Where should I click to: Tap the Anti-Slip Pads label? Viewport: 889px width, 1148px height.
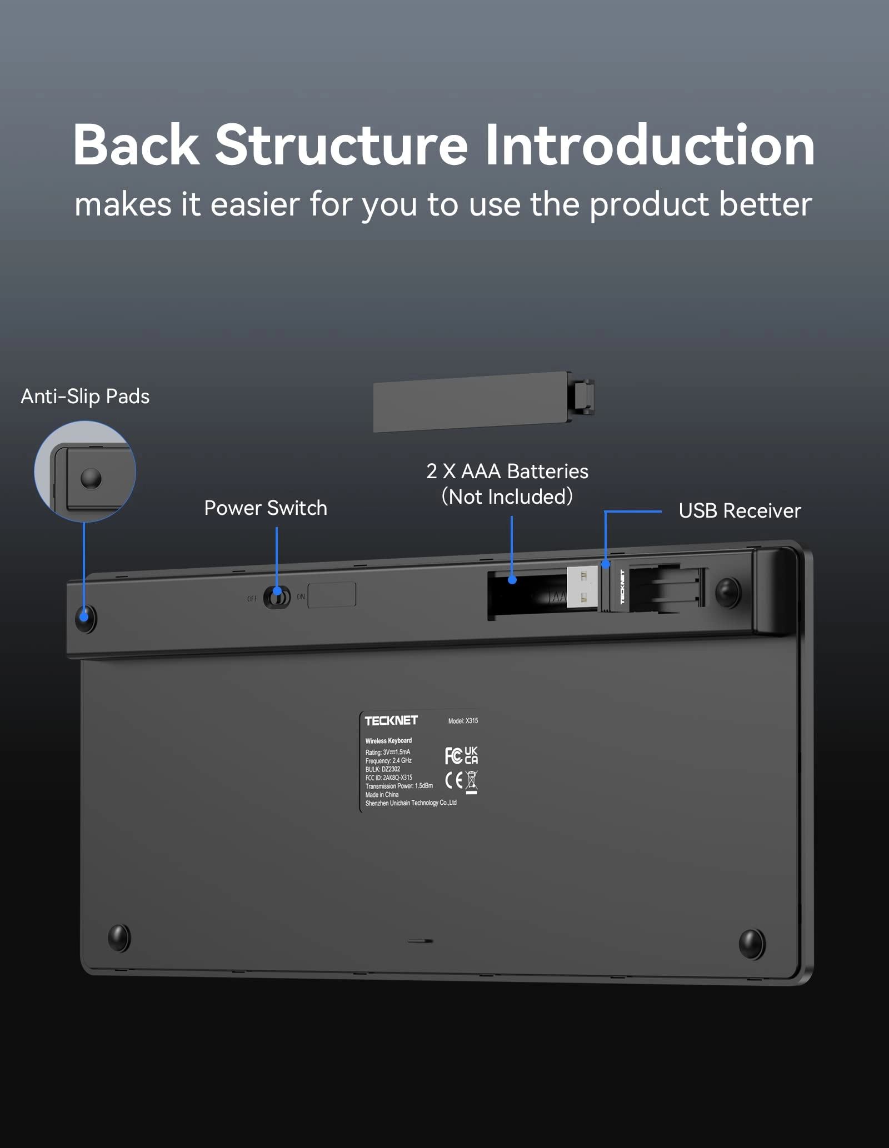point(85,397)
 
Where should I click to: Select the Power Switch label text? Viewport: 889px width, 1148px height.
point(266,508)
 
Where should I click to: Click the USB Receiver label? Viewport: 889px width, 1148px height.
point(740,511)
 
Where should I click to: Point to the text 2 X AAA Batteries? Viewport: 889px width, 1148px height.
point(507,472)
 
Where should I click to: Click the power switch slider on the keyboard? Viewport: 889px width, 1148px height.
point(277,598)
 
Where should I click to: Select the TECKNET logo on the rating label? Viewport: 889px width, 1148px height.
point(391,720)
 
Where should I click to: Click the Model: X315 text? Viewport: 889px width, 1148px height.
point(463,721)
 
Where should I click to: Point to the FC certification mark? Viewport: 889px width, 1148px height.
point(453,755)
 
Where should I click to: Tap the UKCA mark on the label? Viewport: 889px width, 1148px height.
point(471,755)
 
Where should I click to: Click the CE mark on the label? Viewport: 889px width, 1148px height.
point(454,780)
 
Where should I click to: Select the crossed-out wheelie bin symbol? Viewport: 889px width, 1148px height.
point(471,781)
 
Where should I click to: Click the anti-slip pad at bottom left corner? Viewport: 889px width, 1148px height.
point(119,938)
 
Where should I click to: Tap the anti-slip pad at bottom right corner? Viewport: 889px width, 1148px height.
point(752,944)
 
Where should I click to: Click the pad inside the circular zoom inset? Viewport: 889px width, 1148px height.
point(91,478)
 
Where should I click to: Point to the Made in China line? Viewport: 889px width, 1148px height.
point(382,795)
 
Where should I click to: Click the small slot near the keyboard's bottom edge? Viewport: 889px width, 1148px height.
point(421,941)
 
